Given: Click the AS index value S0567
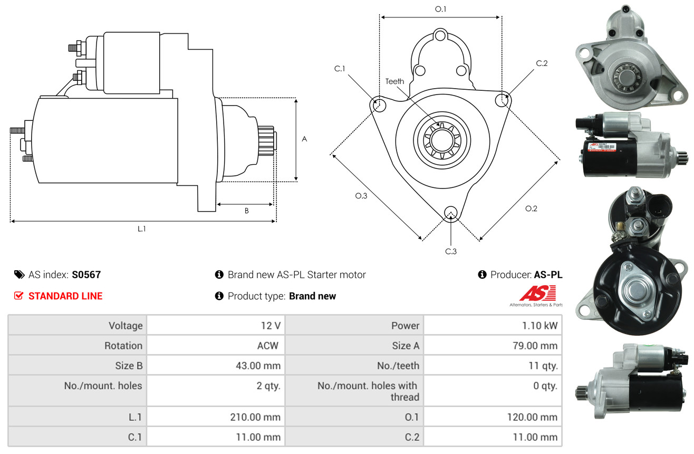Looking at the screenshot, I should [86, 275].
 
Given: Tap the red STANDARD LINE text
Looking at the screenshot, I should [65, 296].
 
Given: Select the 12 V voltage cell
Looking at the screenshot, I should [269, 326].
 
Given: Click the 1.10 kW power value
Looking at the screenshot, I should [539, 326].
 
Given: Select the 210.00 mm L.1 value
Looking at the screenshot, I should [255, 417].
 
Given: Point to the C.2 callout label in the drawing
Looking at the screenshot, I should [542, 63].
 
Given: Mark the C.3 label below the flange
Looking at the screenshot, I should [450, 251].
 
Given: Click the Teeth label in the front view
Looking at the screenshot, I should [394, 81].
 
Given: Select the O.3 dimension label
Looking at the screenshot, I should [361, 196].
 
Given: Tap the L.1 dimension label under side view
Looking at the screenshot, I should [141, 229].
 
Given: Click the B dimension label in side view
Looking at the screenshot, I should [246, 211].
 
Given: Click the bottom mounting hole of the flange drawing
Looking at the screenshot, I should [450, 213].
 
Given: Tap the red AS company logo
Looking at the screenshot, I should [537, 294].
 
